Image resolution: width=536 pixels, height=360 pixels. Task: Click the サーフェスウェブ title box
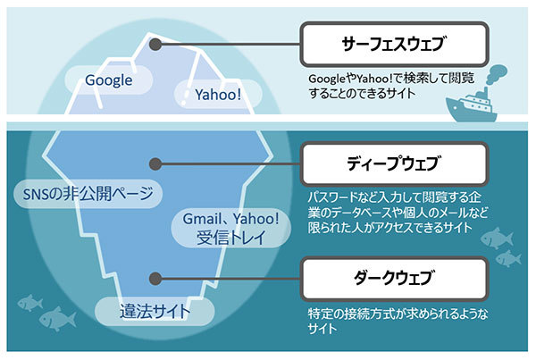(394, 44)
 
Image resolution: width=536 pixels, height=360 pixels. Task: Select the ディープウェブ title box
(394, 163)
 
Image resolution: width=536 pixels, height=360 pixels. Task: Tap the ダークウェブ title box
(394, 279)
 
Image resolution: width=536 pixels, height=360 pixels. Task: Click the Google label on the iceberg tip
(108, 80)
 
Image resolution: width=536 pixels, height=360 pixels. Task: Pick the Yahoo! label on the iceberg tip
(218, 95)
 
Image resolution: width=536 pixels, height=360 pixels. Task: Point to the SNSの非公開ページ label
(88, 194)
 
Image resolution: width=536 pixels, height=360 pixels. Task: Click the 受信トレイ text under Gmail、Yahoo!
(231, 238)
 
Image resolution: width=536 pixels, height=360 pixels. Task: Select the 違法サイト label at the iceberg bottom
(155, 312)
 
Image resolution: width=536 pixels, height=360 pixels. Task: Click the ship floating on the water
(471, 105)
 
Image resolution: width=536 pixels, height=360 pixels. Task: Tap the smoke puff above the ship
(496, 74)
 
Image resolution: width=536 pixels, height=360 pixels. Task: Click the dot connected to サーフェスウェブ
(155, 44)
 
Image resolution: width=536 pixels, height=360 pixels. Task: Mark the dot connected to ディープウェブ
(155, 164)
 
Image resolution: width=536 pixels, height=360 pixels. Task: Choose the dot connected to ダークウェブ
(155, 279)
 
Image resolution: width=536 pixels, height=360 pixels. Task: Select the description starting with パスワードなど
(398, 213)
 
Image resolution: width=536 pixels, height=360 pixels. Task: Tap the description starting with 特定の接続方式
(398, 321)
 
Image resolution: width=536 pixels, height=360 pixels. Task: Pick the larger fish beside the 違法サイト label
(57, 318)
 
